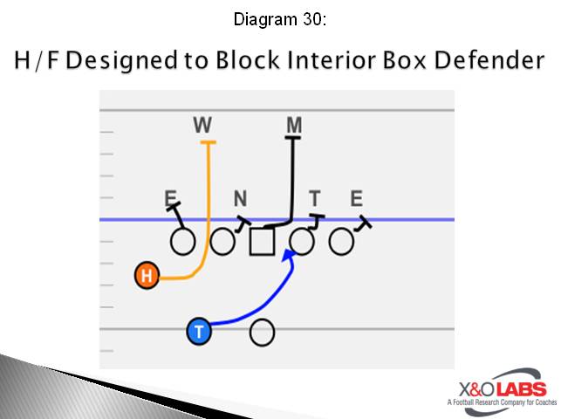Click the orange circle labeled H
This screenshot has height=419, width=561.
[x=147, y=277]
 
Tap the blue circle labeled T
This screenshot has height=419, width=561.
[x=200, y=331]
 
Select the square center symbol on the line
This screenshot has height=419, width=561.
[x=262, y=241]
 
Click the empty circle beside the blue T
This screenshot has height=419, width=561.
[x=263, y=332]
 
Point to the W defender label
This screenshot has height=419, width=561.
[x=202, y=126]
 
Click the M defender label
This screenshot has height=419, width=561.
[x=294, y=126]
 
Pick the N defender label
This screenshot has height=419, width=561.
[x=240, y=199]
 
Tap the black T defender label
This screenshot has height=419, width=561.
[x=314, y=199]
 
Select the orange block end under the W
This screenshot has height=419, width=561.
[x=207, y=141]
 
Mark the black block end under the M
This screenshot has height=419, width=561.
[x=294, y=138]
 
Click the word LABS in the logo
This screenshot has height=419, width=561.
[x=521, y=389]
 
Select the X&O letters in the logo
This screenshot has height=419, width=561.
[x=475, y=389]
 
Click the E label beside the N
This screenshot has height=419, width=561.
[x=170, y=199]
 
